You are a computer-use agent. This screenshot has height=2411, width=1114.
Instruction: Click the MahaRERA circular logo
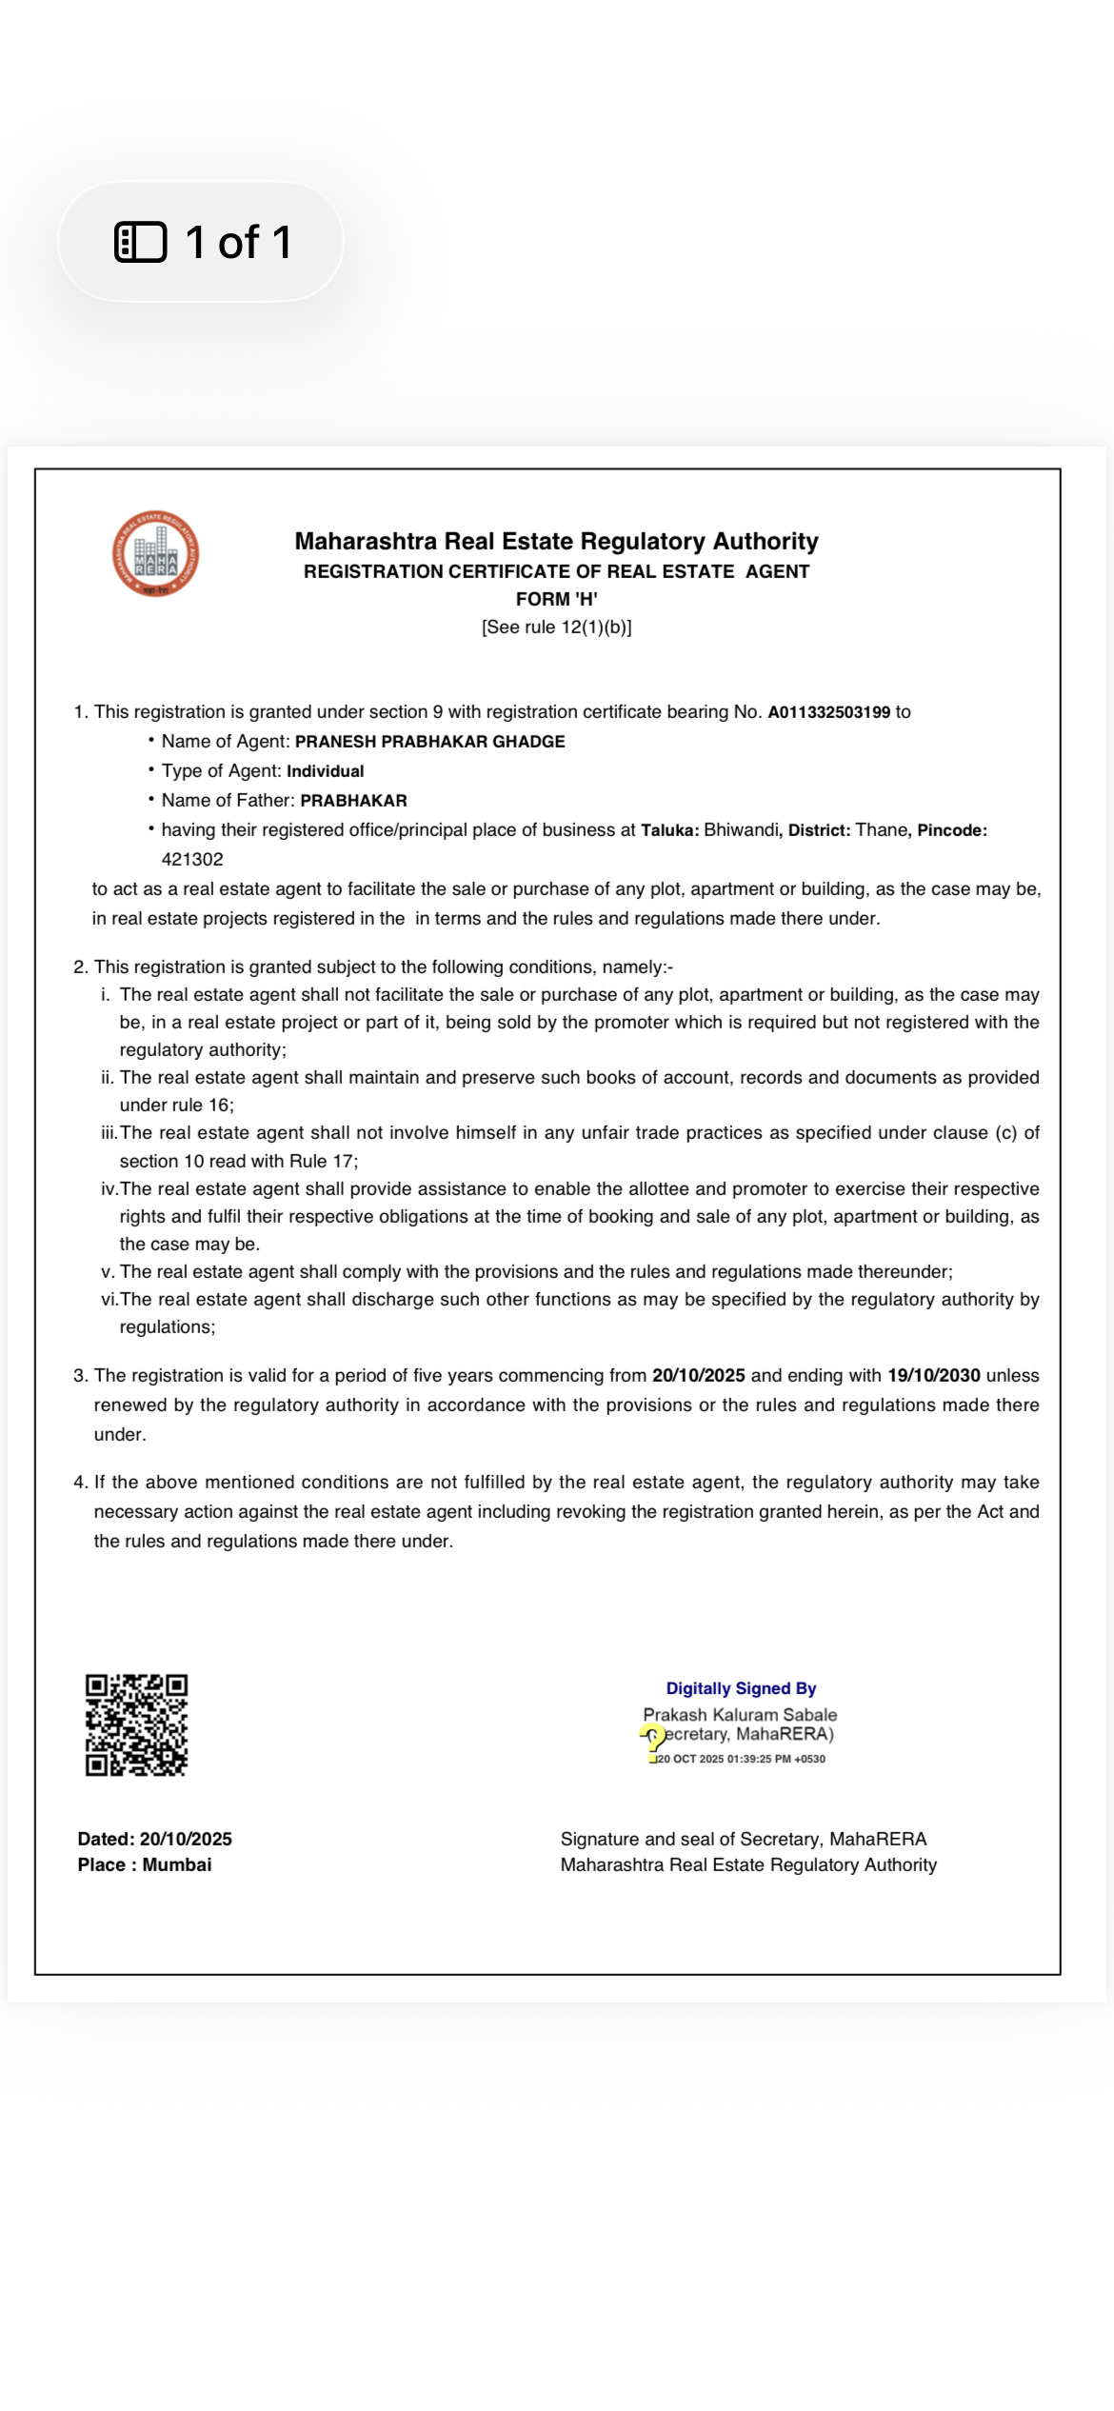(x=155, y=554)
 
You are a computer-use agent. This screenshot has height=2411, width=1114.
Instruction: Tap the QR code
(x=136, y=1724)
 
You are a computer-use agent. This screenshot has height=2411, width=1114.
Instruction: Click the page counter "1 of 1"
(x=238, y=242)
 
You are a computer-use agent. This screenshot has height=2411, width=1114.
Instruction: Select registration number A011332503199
(x=828, y=712)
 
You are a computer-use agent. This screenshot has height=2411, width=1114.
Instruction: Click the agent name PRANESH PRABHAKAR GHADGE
(x=429, y=742)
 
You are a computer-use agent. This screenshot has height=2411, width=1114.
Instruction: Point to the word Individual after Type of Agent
(x=325, y=771)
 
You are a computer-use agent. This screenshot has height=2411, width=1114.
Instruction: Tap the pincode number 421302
(x=192, y=859)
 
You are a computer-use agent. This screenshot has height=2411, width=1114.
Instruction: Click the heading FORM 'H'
(x=556, y=599)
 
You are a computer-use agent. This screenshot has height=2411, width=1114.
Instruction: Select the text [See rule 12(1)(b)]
(x=556, y=627)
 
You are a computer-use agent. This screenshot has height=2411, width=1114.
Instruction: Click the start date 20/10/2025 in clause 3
(x=698, y=1375)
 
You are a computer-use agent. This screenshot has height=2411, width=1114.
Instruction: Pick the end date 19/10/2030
(x=933, y=1375)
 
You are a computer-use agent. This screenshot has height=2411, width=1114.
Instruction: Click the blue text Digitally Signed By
(x=741, y=1688)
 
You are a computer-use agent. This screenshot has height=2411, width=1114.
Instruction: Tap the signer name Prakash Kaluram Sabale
(x=740, y=1714)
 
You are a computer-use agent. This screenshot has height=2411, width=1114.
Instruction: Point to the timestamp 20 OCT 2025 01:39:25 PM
(x=741, y=1759)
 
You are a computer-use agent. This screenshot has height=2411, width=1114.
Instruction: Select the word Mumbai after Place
(x=177, y=1864)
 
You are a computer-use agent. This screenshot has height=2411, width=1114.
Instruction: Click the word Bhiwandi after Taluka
(x=741, y=830)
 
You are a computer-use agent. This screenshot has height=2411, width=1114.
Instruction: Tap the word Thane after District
(x=881, y=830)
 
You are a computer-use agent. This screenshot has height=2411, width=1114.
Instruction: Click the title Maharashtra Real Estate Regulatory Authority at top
(x=556, y=541)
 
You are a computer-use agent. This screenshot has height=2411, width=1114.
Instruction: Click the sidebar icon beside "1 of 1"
(x=141, y=242)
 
